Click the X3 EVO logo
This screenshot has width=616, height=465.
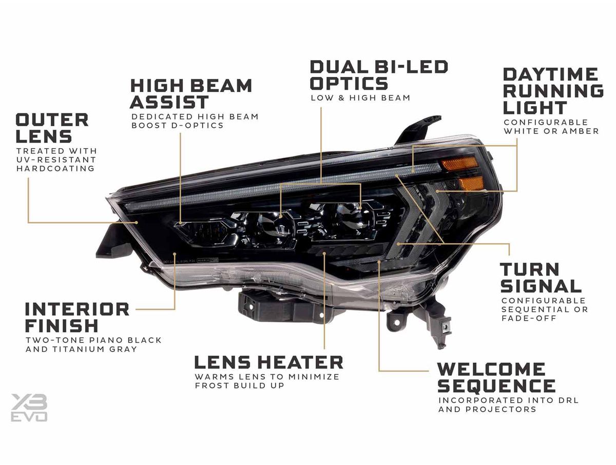point(29,408)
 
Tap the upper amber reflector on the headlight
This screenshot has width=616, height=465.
point(459,164)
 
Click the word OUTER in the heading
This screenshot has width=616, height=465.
point(52,120)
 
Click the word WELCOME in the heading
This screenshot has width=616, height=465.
point(491,369)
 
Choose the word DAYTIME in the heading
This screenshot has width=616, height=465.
point(550,74)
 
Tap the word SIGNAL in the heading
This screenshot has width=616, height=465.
point(541,286)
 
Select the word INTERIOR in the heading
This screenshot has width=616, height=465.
point(77,309)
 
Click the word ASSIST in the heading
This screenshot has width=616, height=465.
point(169,102)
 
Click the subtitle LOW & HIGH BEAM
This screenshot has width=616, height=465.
point(360,98)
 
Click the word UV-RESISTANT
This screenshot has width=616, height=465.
point(56,160)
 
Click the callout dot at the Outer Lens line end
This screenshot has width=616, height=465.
point(137,222)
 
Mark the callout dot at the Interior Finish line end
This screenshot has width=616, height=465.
point(175,254)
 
